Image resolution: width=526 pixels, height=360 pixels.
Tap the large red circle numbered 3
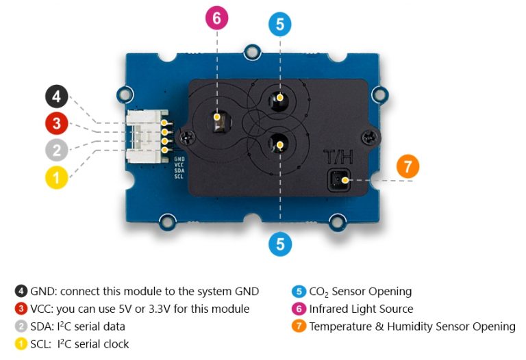57,124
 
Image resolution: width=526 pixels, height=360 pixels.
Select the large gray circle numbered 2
57,151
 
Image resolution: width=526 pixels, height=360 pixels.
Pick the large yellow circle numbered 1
57,177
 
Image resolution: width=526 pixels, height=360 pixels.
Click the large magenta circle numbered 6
216,18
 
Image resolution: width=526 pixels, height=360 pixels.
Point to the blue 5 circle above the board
279,25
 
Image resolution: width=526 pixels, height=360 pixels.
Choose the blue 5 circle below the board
279,244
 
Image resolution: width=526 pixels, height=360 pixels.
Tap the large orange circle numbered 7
408,166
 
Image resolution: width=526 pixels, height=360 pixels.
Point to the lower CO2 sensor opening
279,142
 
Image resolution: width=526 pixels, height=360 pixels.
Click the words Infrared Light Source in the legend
361,309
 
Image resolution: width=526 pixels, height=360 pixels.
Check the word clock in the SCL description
115,344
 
